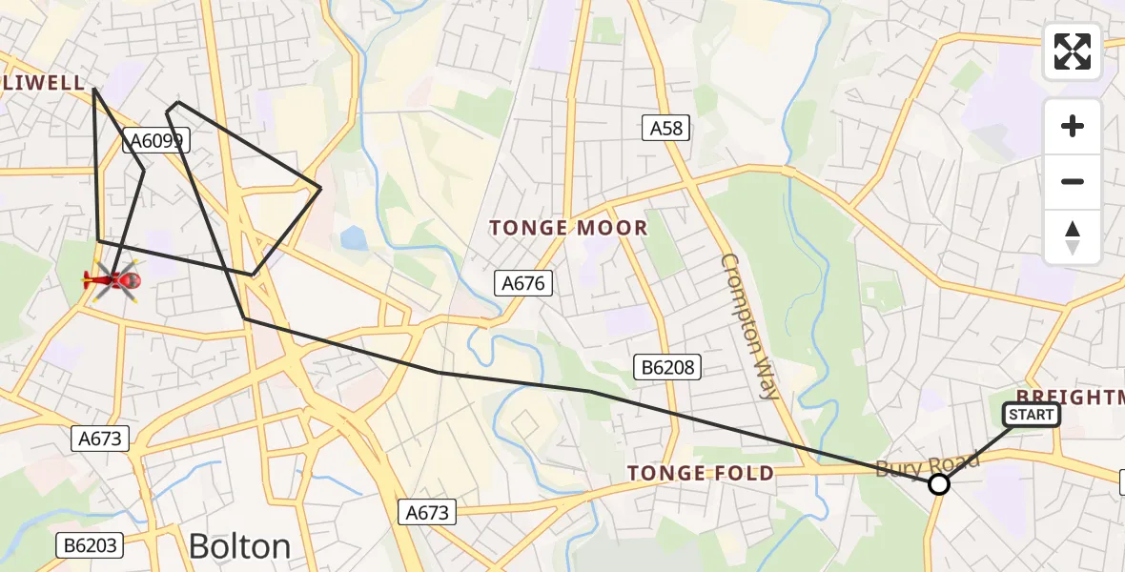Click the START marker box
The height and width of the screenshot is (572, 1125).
pyautogui.click(x=1031, y=415)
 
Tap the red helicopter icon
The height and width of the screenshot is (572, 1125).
pyautogui.click(x=113, y=280)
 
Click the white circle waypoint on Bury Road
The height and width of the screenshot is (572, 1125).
pyautogui.click(x=939, y=484)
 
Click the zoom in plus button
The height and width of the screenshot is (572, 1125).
pyautogui.click(x=1073, y=126)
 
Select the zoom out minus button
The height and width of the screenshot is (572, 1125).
pyautogui.click(x=1073, y=181)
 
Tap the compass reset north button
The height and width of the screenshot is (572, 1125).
pyautogui.click(x=1073, y=237)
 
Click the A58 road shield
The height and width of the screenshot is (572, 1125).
pyautogui.click(x=666, y=128)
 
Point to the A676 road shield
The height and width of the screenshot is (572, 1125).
pyautogui.click(x=524, y=282)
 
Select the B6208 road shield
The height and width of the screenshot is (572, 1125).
pyautogui.click(x=668, y=366)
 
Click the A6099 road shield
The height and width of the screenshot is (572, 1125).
pyautogui.click(x=158, y=142)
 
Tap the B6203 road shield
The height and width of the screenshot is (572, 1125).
pyautogui.click(x=92, y=545)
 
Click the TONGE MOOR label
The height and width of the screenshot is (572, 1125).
pyautogui.click(x=568, y=228)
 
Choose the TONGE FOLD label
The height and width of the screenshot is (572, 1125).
pyautogui.click(x=701, y=474)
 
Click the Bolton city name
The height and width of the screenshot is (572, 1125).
pyautogui.click(x=239, y=546)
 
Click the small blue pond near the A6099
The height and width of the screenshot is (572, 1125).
pyautogui.click(x=354, y=237)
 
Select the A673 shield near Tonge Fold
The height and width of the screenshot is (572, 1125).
pyautogui.click(x=427, y=512)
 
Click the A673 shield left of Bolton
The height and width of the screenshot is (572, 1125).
pyautogui.click(x=99, y=439)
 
